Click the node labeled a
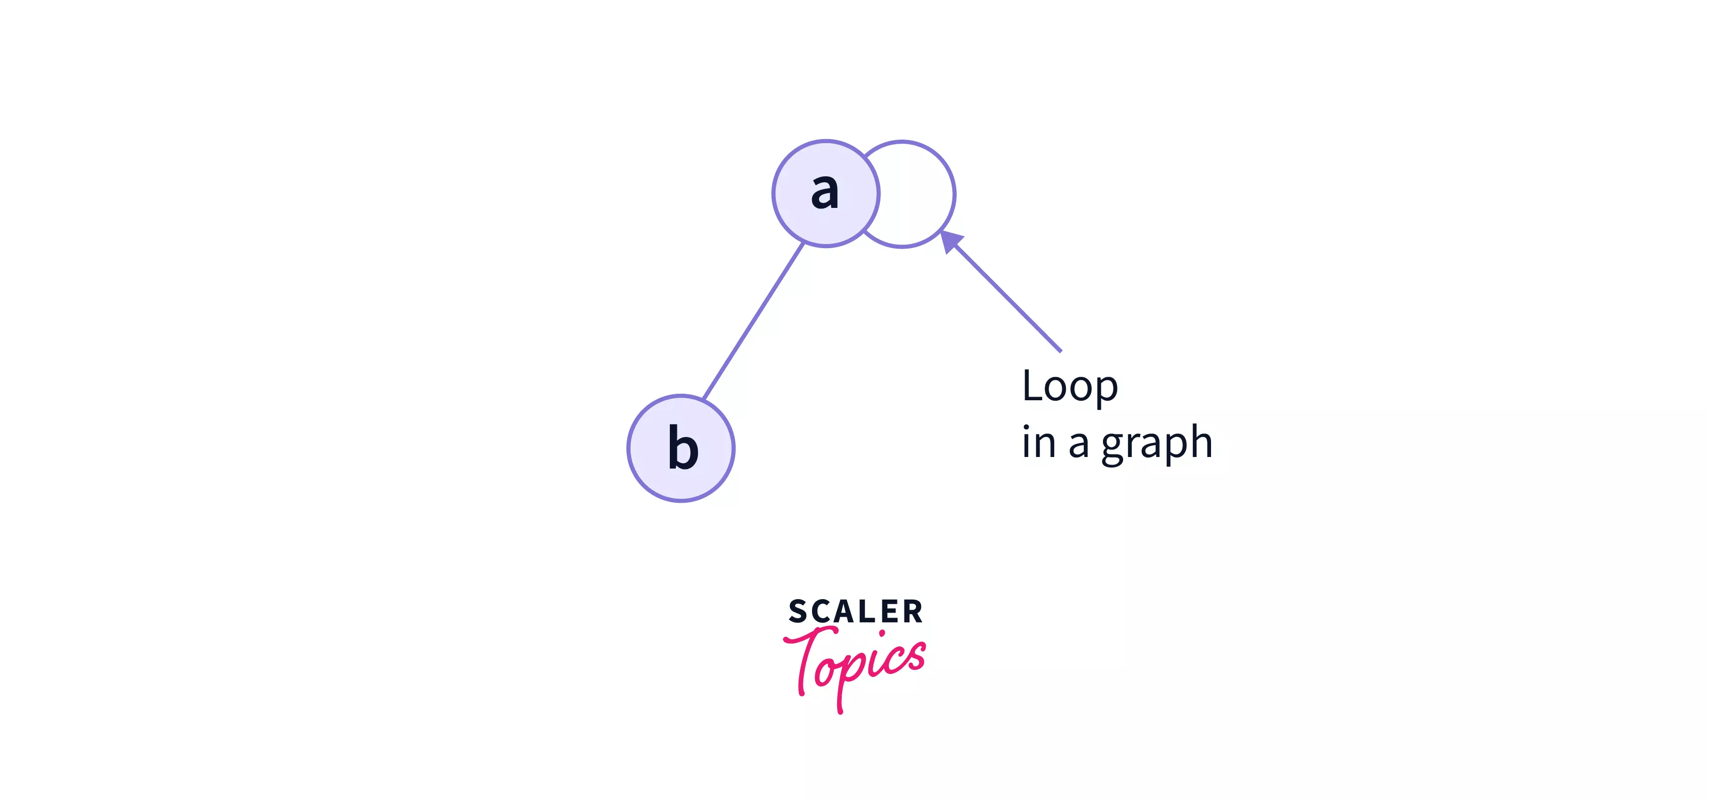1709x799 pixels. click(825, 194)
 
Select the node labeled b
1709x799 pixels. click(681, 448)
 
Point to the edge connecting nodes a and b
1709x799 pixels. click(753, 321)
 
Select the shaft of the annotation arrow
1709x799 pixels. click(1009, 298)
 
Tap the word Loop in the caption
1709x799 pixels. click(1069, 386)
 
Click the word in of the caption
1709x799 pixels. click(1038, 443)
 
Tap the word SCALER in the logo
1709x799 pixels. click(855, 611)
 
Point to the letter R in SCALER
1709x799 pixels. click(913, 611)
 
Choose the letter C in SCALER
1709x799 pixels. click(821, 611)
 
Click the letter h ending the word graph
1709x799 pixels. click(1200, 441)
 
